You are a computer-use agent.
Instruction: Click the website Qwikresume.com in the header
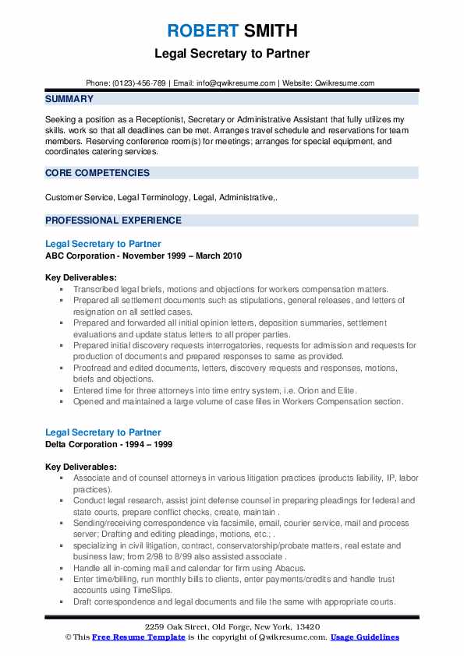pyautogui.click(x=345, y=83)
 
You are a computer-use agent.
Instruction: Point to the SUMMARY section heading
pyautogui.click(x=69, y=99)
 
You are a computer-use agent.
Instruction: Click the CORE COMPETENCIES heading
pyautogui.click(x=97, y=173)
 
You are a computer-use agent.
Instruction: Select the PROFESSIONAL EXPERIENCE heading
pyautogui.click(x=113, y=220)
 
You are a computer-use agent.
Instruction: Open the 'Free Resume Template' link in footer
pyautogui.click(x=130, y=637)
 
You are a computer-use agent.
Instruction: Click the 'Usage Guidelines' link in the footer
pyautogui.click(x=364, y=637)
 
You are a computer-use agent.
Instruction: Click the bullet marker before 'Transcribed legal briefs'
pyautogui.click(x=60, y=289)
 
